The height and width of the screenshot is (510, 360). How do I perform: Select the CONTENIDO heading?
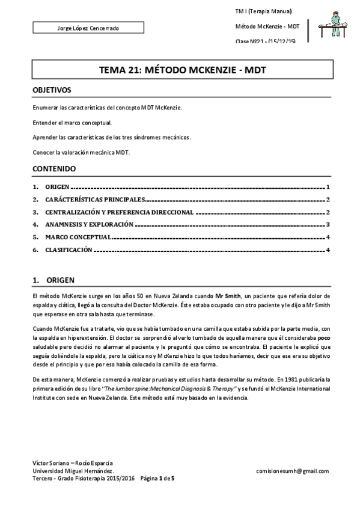click(x=53, y=168)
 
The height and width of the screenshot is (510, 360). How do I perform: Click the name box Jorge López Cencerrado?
click(x=88, y=28)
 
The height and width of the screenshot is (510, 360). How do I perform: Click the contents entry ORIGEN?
click(x=57, y=188)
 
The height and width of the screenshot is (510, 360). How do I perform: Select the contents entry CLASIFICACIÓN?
click(x=69, y=250)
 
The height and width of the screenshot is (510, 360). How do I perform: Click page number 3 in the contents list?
click(x=328, y=224)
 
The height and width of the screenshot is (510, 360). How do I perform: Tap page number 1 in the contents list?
click(x=328, y=188)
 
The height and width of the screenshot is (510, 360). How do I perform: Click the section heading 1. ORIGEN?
click(x=53, y=280)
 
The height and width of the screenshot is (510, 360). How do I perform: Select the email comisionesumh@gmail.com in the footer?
click(x=292, y=472)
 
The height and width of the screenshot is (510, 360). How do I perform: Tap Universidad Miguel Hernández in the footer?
click(x=73, y=472)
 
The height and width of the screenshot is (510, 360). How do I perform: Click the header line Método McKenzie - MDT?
click(x=267, y=26)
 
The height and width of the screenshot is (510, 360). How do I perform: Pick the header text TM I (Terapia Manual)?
click(x=263, y=12)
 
